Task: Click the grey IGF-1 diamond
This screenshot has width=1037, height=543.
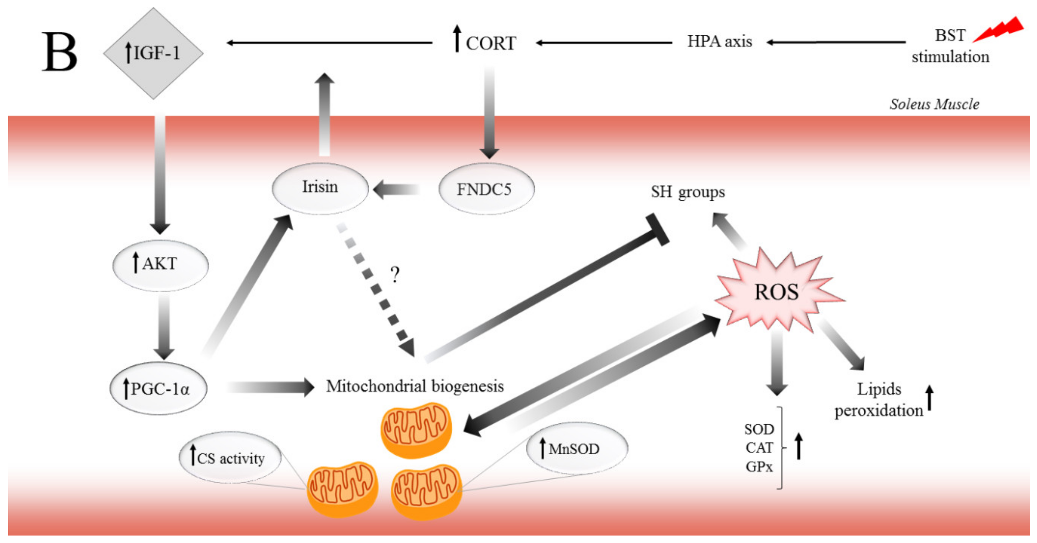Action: (x=153, y=53)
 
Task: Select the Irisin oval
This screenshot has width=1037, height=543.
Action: (x=320, y=188)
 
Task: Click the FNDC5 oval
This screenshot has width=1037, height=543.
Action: (x=486, y=189)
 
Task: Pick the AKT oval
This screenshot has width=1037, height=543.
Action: (x=160, y=265)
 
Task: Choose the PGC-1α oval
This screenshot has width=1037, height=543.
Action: (x=158, y=388)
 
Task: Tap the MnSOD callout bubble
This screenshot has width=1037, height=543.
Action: (x=576, y=448)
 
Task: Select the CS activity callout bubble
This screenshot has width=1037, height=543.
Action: (x=230, y=457)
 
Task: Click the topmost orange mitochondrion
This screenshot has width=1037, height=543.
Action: (x=416, y=430)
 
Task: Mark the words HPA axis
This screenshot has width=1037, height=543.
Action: (x=719, y=42)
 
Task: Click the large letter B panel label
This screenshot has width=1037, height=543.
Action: (x=60, y=52)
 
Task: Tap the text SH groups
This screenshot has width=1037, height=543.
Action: (x=688, y=192)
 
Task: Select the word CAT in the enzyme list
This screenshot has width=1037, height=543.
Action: (x=759, y=448)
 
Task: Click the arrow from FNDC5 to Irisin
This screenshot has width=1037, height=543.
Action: (x=396, y=190)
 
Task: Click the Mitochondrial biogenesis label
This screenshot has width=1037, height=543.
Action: (x=415, y=386)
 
